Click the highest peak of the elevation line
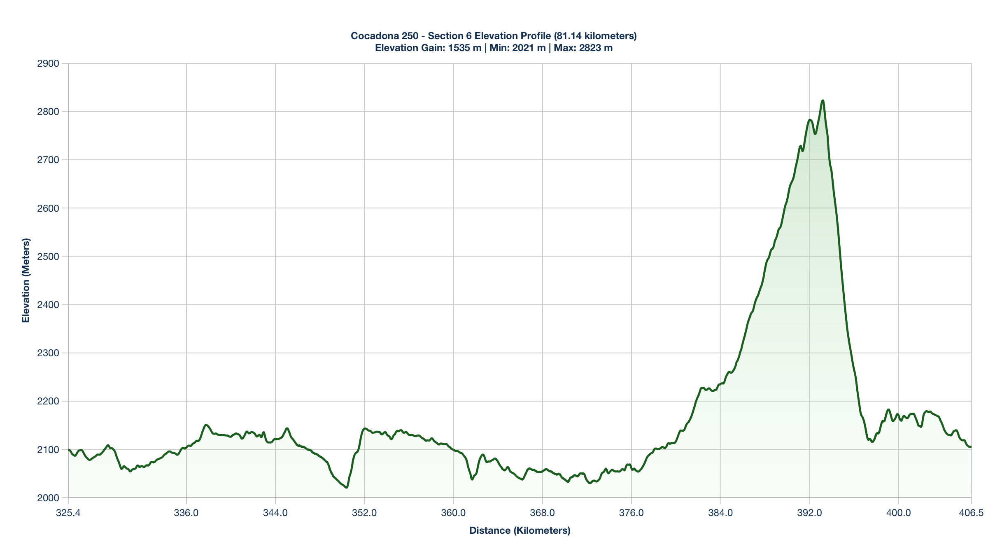click(x=823, y=100)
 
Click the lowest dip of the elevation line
click(x=347, y=488)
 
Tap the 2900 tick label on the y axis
click(x=48, y=63)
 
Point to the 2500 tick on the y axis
click(x=48, y=256)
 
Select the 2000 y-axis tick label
click(x=48, y=498)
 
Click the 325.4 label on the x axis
click(x=68, y=513)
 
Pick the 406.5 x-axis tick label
click(x=971, y=513)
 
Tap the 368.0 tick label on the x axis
click(x=542, y=513)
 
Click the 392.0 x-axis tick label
click(x=809, y=513)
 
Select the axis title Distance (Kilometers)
click(x=520, y=530)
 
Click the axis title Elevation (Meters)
click(x=26, y=280)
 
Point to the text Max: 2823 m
click(x=583, y=48)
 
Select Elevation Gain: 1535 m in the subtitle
click(x=428, y=48)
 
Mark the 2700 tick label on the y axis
click(x=48, y=160)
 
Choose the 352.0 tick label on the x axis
click(x=364, y=513)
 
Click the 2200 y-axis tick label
click(x=48, y=401)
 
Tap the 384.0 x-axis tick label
click(x=720, y=513)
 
